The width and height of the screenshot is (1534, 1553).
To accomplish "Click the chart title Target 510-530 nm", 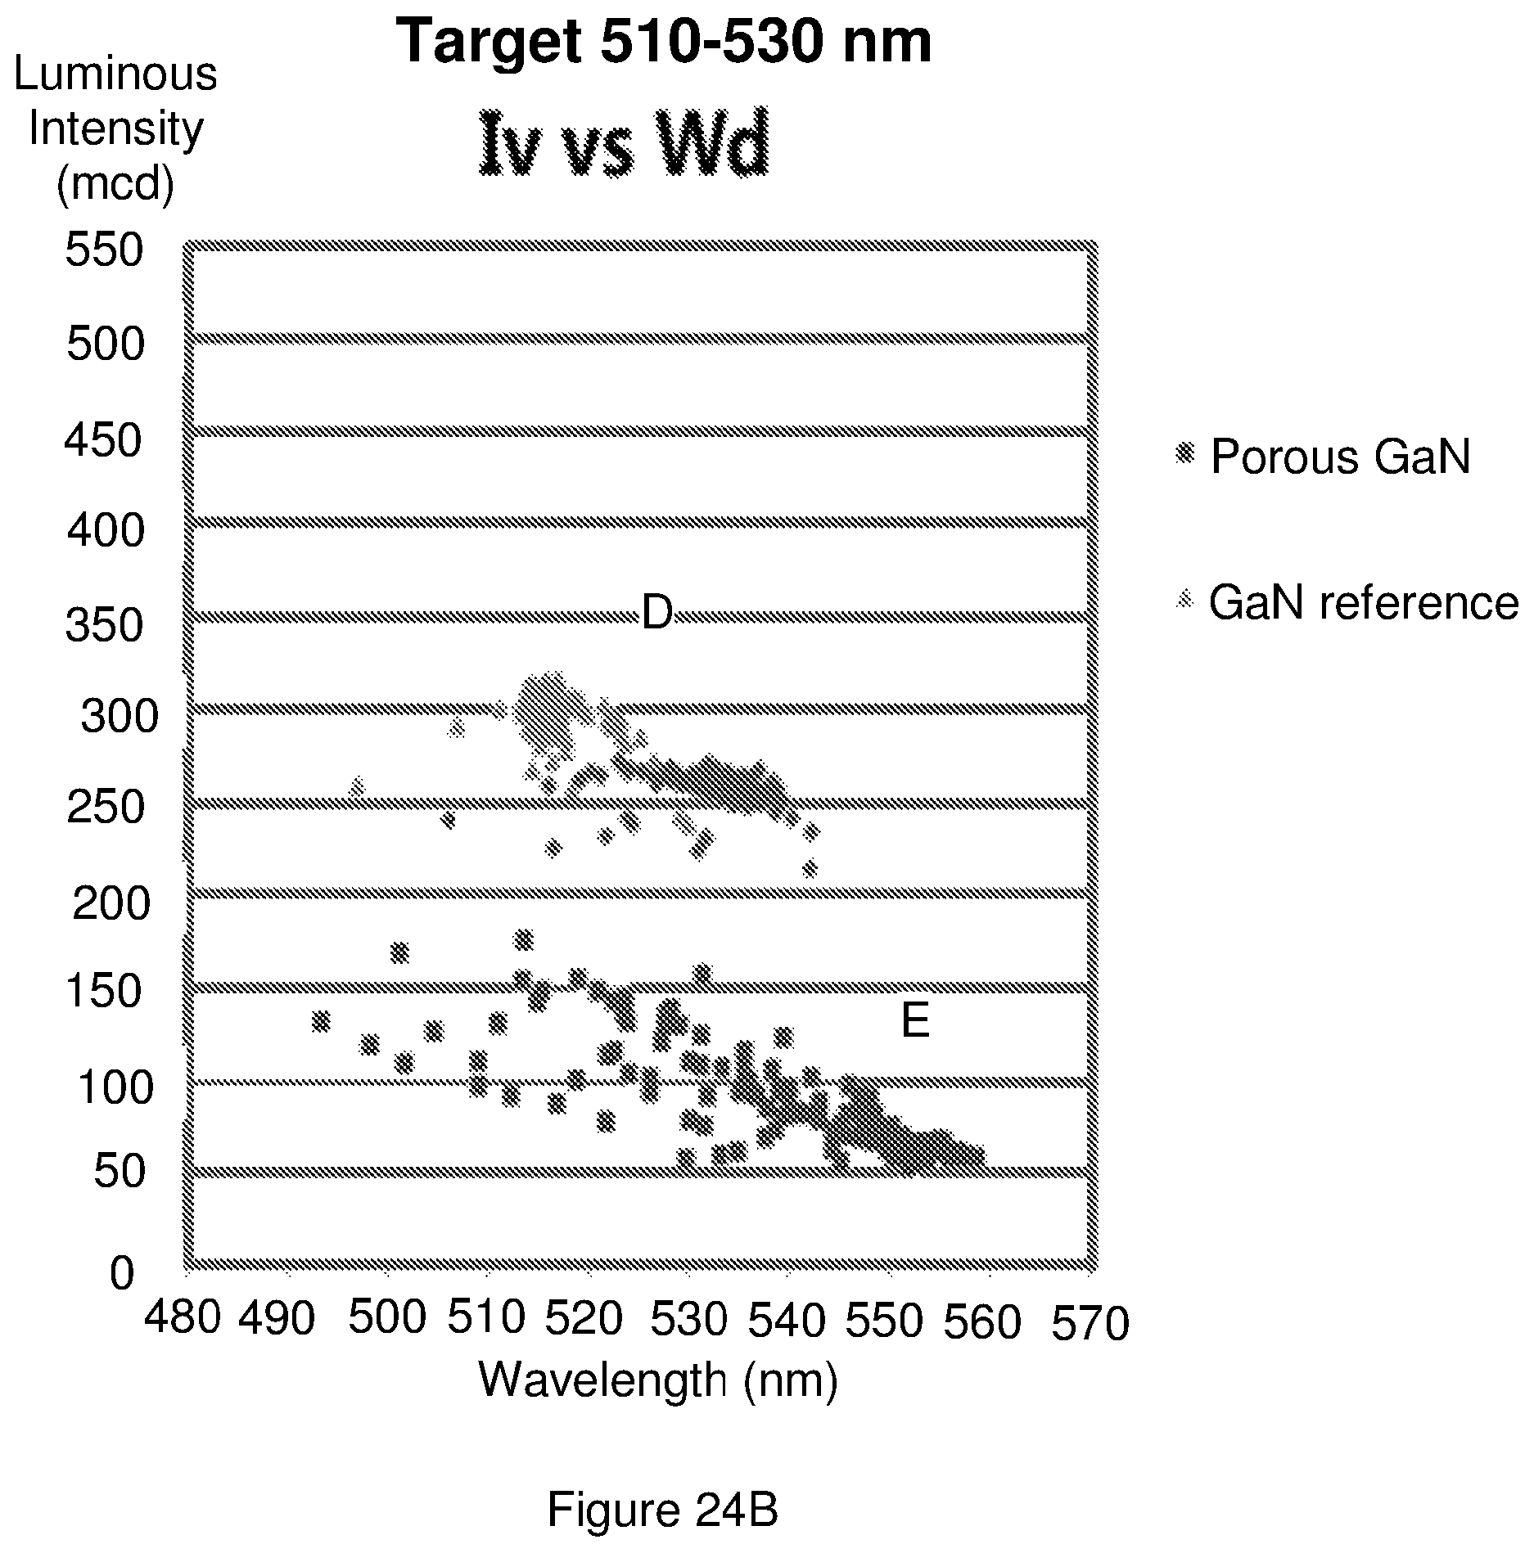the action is point(663,42).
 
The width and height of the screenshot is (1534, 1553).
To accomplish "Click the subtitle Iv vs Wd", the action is point(624,146).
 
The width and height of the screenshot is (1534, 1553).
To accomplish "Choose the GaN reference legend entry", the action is point(1346,603).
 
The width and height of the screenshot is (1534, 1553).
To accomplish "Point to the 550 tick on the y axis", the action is point(104,250).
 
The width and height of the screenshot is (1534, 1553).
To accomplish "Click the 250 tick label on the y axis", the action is point(105,808).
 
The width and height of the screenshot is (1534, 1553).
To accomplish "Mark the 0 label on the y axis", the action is point(121,1273).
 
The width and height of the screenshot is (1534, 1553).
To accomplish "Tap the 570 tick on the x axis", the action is point(1090,1323).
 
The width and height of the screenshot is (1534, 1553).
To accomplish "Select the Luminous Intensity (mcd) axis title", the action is point(115,129).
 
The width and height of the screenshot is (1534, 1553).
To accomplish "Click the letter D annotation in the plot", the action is point(656,612).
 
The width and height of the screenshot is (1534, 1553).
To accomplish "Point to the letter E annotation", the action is point(915,1021).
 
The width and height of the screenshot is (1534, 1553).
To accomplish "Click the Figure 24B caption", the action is point(662,1510).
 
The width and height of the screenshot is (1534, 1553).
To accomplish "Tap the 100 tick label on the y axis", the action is point(115,1088).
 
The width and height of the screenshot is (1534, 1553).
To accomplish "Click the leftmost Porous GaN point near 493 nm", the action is point(321,1021).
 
